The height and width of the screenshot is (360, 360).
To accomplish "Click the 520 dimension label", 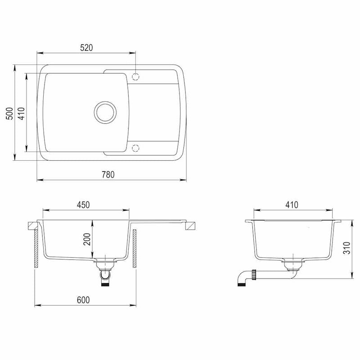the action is (x=86, y=48).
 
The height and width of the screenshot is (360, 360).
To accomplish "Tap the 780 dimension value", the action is (x=108, y=175).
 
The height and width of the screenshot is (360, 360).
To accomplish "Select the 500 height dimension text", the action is (x=9, y=113).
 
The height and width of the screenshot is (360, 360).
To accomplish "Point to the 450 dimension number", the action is (x=83, y=205).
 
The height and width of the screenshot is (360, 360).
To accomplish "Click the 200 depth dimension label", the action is (x=87, y=239).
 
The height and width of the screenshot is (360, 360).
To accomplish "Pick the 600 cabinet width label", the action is (x=83, y=300).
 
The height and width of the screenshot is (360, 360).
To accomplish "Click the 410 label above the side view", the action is (x=292, y=205).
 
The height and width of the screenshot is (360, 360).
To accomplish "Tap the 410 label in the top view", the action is (x=21, y=113).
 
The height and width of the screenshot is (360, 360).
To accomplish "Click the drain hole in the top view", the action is (x=105, y=112).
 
